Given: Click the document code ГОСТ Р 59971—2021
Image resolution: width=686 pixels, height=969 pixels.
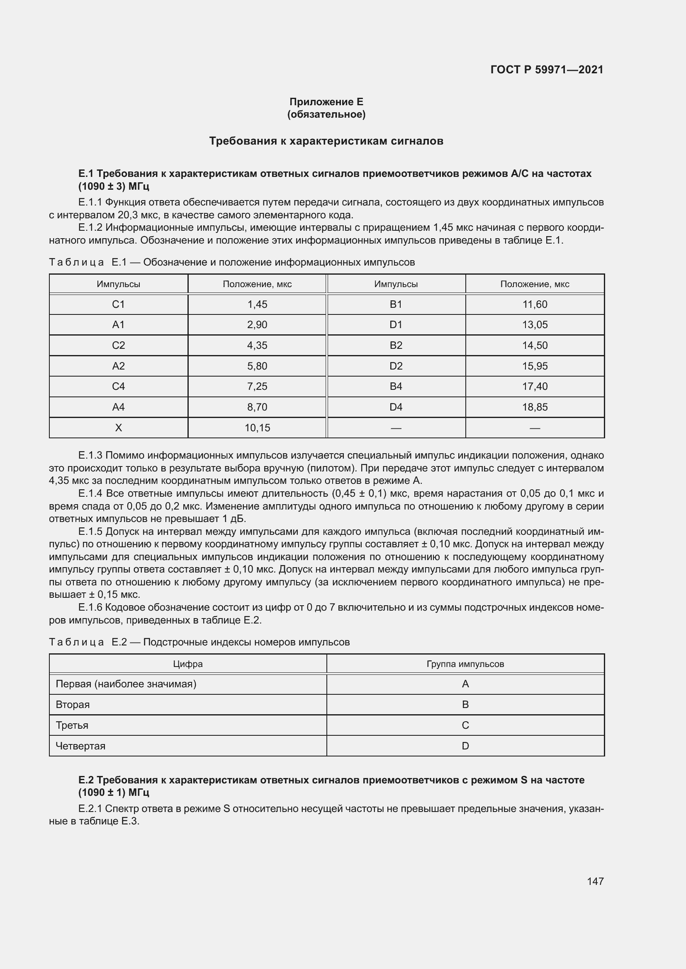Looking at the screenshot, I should (547, 70).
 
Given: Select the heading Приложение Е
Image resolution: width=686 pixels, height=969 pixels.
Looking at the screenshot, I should (326, 102).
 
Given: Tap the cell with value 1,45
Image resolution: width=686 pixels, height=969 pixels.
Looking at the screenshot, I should (257, 304).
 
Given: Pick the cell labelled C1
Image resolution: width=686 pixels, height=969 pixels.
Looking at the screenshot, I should (118, 304).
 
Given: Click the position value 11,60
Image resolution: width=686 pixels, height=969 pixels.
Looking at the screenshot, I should (534, 304).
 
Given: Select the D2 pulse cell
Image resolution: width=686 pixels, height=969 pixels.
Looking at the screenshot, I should (396, 366).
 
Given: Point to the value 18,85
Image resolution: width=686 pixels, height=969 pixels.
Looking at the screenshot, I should (534, 407).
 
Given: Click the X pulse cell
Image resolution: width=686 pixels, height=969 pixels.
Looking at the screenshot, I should (118, 428).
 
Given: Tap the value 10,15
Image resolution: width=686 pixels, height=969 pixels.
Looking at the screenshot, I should (257, 428).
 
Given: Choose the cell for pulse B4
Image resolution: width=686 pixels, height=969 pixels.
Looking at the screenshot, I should (396, 386).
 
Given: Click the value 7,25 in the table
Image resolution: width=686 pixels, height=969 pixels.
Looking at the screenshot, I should (257, 386).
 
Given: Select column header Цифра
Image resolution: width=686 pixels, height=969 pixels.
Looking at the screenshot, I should (187, 664).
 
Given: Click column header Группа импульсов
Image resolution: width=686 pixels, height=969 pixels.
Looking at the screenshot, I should (465, 664).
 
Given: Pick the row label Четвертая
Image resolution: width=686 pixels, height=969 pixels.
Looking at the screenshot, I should (80, 746).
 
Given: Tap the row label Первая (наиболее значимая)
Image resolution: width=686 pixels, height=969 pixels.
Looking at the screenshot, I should (126, 684).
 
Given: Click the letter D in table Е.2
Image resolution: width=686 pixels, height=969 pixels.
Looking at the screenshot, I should (465, 746).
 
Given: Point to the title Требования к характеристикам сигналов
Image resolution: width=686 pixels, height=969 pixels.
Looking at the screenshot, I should (326, 141).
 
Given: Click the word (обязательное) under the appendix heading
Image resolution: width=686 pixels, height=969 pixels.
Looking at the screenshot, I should (326, 114).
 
